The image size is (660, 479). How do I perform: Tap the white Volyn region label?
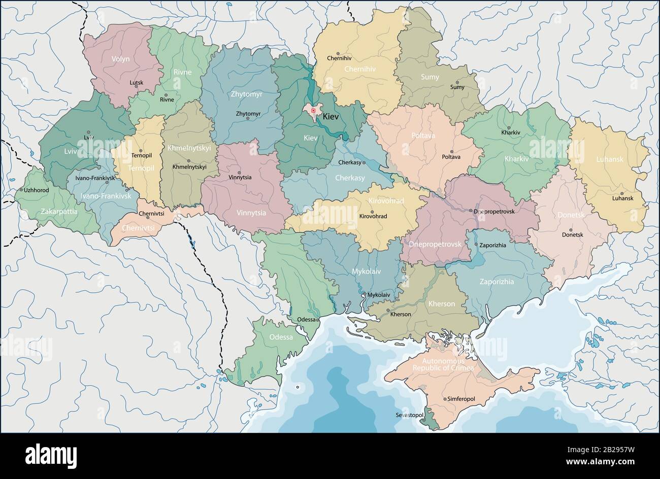120,59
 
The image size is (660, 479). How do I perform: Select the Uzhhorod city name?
37,189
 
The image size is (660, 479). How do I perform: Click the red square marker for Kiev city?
314,110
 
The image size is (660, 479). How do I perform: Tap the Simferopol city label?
461,399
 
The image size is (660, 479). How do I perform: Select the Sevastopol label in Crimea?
409,415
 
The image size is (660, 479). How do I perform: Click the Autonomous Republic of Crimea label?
443,363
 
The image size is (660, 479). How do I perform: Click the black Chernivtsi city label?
151,214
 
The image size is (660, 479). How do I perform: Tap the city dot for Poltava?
451,151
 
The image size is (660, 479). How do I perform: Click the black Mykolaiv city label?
379,295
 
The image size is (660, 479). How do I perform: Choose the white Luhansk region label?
609,159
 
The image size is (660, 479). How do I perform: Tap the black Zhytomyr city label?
248,113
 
